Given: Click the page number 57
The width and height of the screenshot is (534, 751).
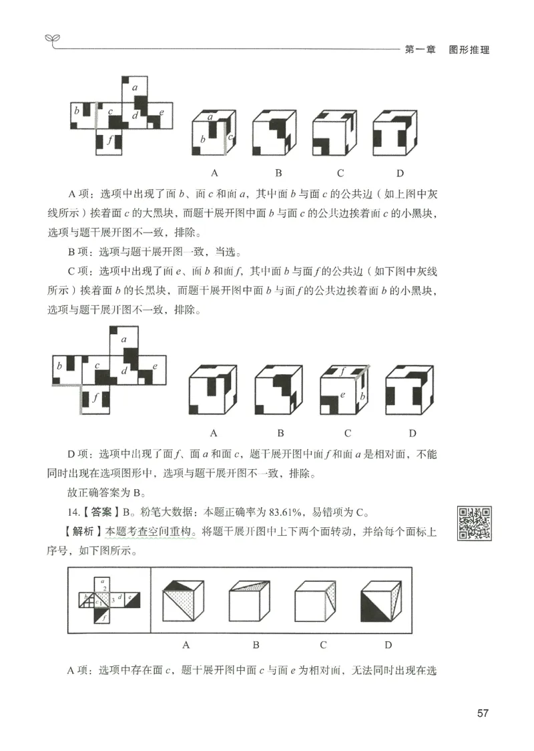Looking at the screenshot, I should click(483, 713).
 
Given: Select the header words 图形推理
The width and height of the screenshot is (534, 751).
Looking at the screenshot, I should click(469, 50).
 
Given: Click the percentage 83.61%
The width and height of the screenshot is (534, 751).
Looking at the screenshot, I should click(286, 513).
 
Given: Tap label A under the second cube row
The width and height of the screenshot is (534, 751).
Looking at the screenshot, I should click(214, 432).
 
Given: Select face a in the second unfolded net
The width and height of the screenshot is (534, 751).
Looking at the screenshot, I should click(124, 339).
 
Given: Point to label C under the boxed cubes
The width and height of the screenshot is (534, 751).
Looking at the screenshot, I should click(323, 645).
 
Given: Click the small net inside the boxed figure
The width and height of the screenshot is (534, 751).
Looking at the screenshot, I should click(109, 600).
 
